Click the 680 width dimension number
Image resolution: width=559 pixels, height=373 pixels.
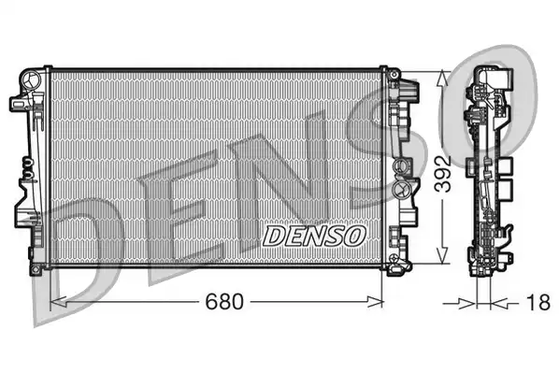(224, 302)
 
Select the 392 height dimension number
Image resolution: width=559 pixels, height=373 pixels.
(445, 174)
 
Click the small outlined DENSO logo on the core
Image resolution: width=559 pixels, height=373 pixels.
(314, 237)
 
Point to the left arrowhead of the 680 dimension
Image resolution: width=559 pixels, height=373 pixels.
(58, 302)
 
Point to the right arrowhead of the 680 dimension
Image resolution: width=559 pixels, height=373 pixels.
(376, 302)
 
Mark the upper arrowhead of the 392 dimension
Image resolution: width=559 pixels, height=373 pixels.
(442, 79)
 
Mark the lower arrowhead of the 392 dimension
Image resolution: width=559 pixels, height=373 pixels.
(442, 256)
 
